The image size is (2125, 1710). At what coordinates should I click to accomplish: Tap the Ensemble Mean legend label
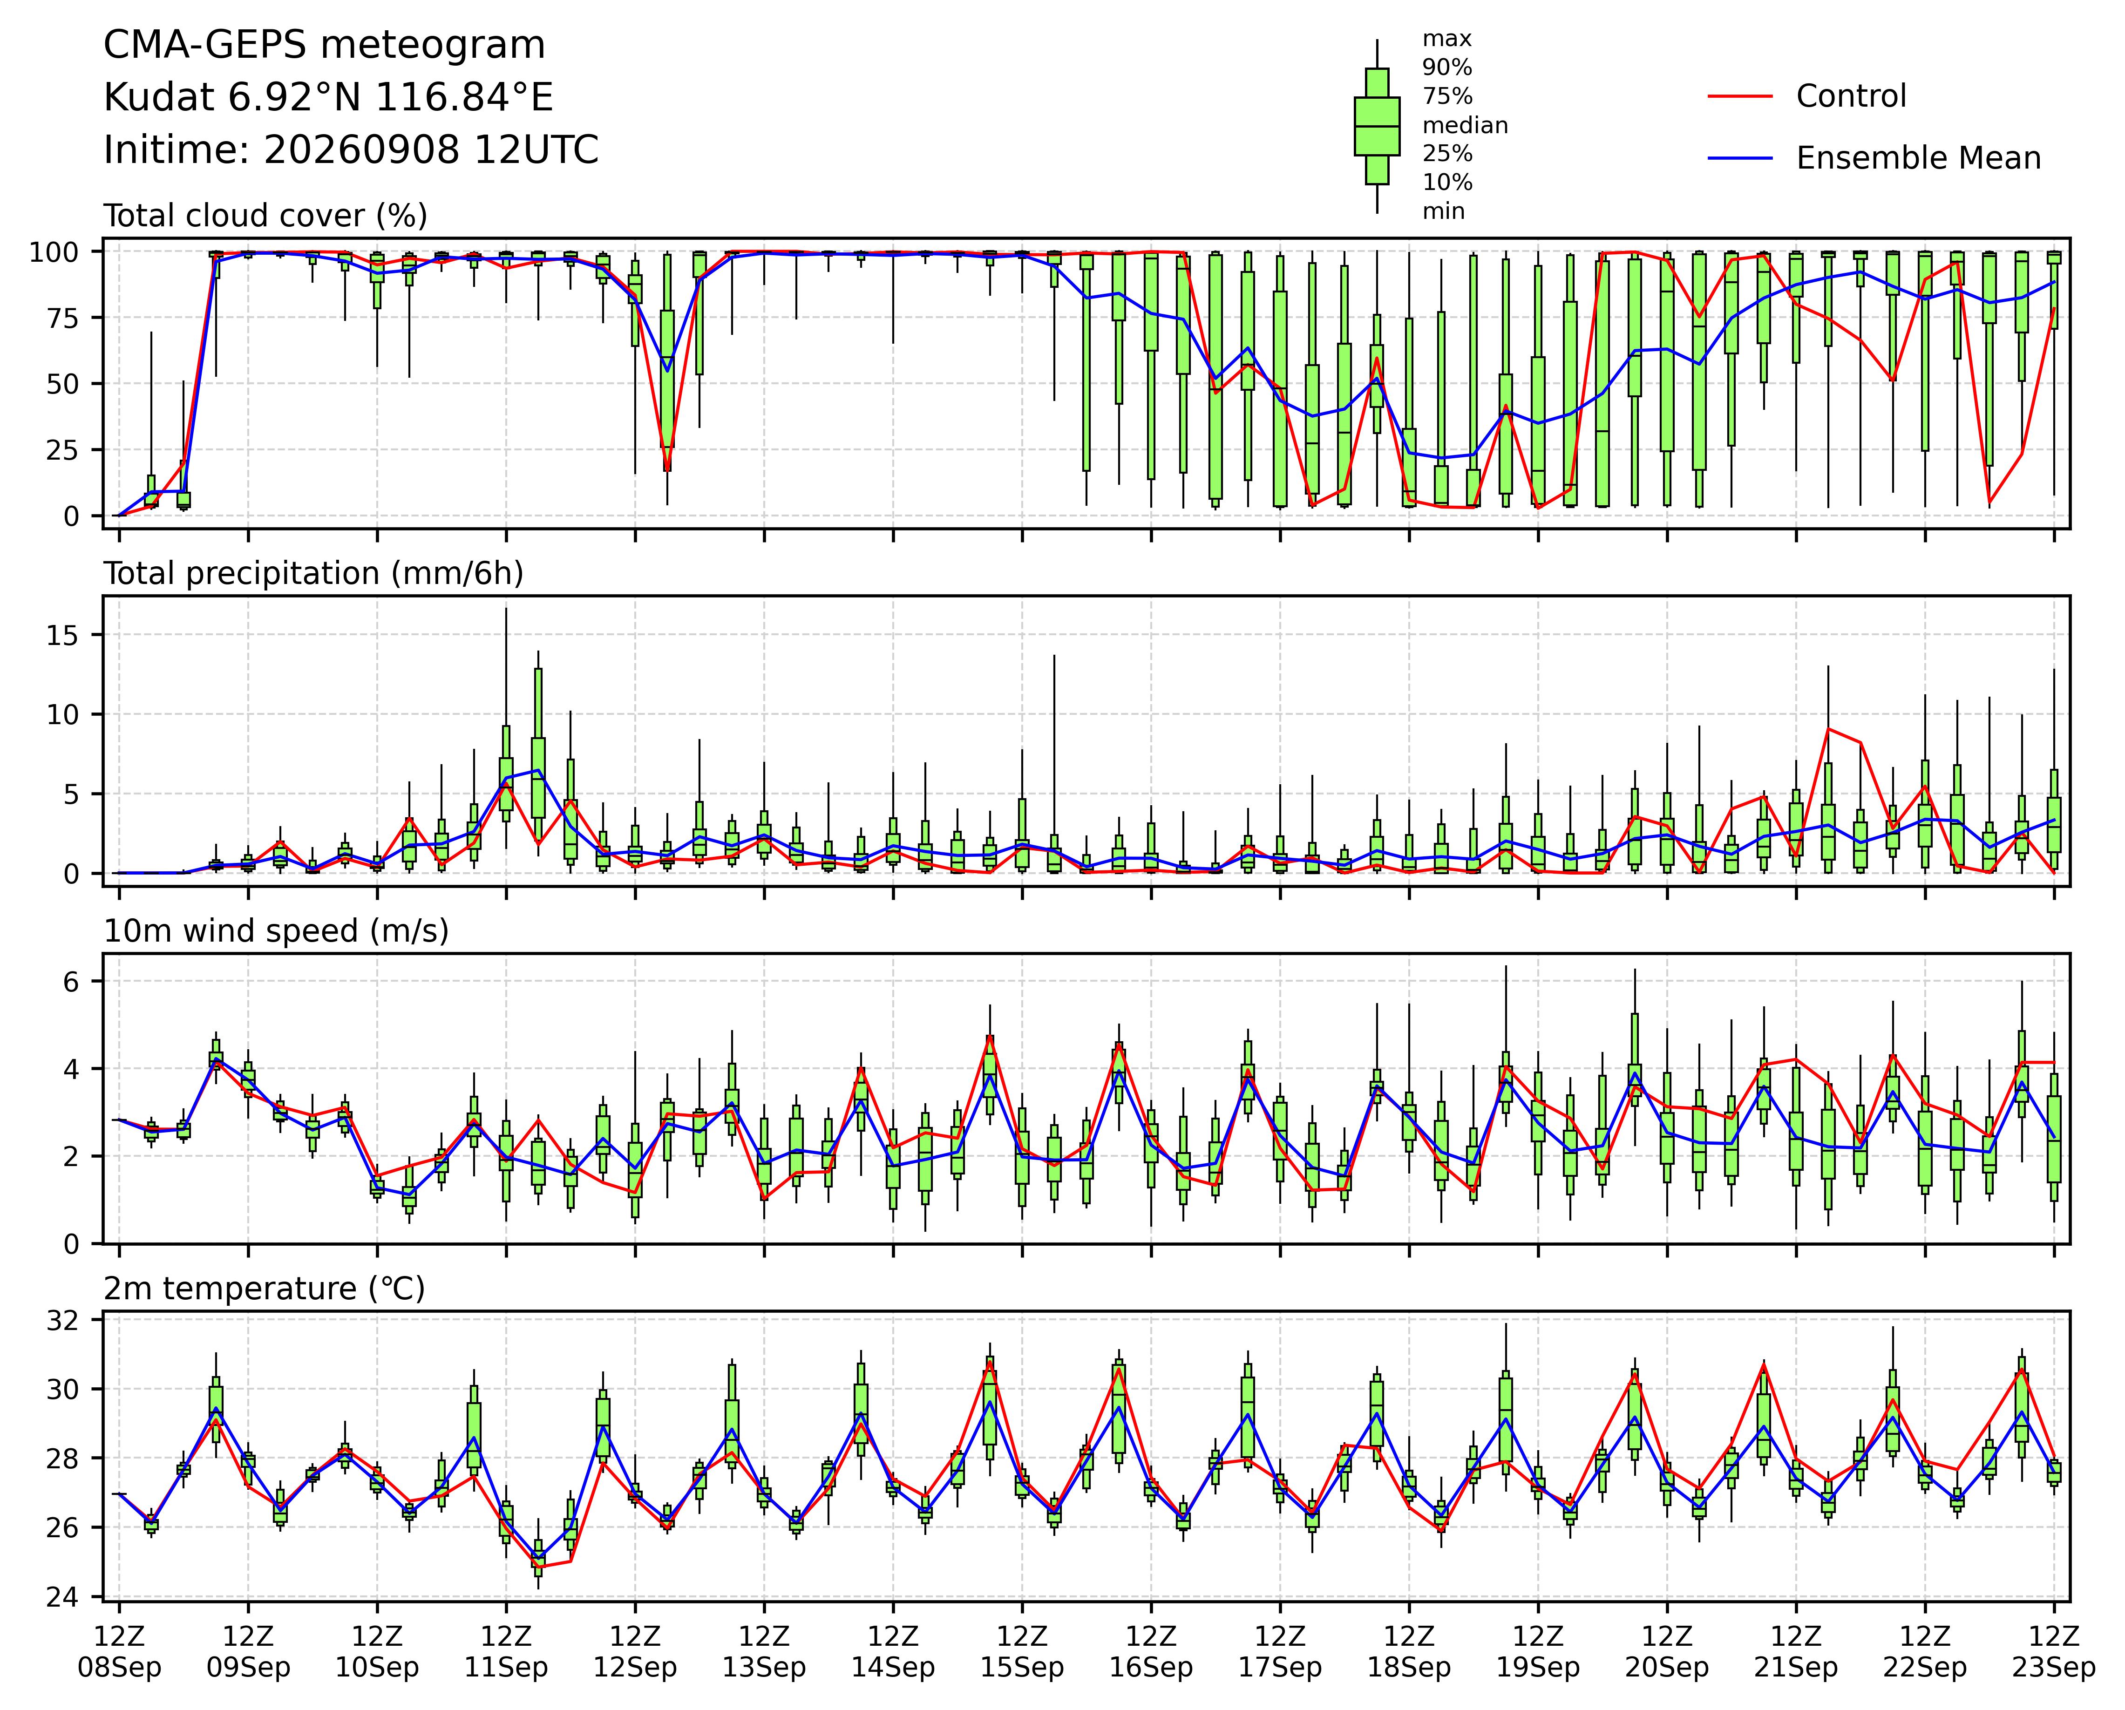point(1918,159)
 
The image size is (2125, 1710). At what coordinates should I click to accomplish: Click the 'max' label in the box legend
point(1447,40)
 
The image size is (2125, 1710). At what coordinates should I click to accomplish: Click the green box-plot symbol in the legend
point(1377,126)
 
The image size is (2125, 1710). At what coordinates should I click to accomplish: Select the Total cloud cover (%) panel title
point(266,216)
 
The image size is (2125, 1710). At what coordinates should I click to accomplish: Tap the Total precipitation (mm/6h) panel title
point(313,574)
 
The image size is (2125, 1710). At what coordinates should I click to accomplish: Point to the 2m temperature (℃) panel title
point(264,1289)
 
